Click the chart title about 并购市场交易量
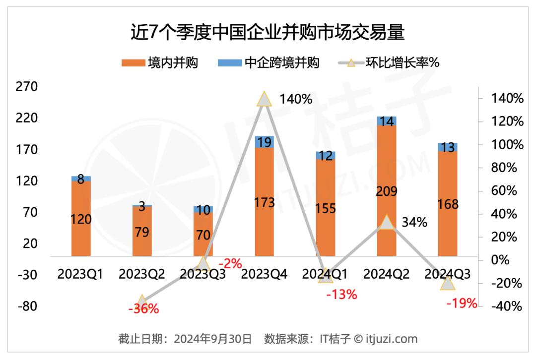pyautogui.click(x=268, y=33)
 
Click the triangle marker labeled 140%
pyautogui.click(x=265, y=99)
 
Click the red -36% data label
pyautogui.click(x=143, y=309)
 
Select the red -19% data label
pyautogui.click(x=461, y=303)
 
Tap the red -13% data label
pyautogui.click(x=341, y=295)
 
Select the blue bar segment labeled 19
pyautogui.click(x=265, y=142)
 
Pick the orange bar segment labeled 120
pyautogui.click(x=81, y=219)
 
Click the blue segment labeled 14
pyautogui.click(x=387, y=121)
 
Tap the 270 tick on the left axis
pyautogui.click(x=27, y=87)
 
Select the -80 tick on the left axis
pyautogui.click(x=27, y=306)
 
